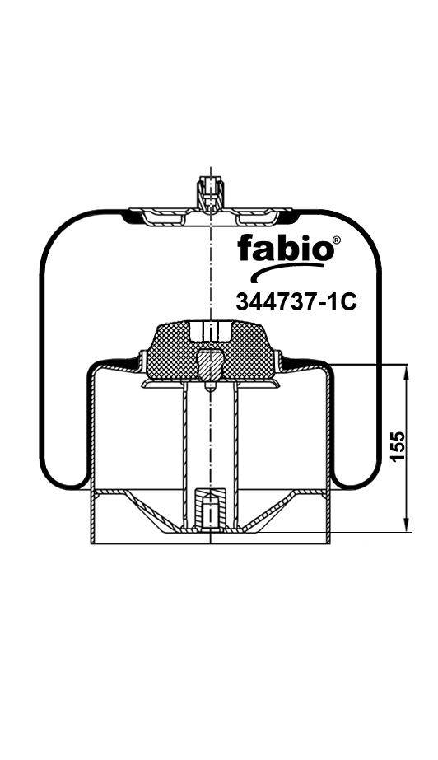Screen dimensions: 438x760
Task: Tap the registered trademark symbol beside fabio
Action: click(337, 240)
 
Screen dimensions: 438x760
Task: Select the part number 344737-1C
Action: click(296, 301)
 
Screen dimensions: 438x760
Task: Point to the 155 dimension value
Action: click(398, 446)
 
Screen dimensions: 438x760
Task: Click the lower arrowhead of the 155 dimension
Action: click(407, 525)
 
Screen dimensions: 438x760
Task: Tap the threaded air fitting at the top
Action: click(209, 193)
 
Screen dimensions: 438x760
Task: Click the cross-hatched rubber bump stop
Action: click(210, 350)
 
